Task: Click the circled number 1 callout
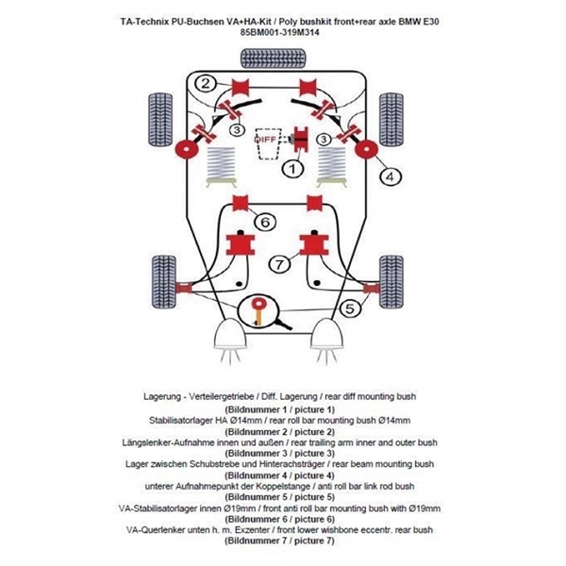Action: (x=292, y=169)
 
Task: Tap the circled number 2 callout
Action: (x=205, y=83)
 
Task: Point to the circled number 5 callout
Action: (x=351, y=308)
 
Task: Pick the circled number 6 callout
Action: (x=265, y=223)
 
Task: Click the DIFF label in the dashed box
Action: (x=265, y=139)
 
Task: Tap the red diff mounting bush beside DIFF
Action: (x=304, y=139)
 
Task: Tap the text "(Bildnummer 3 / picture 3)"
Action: (x=282, y=453)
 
